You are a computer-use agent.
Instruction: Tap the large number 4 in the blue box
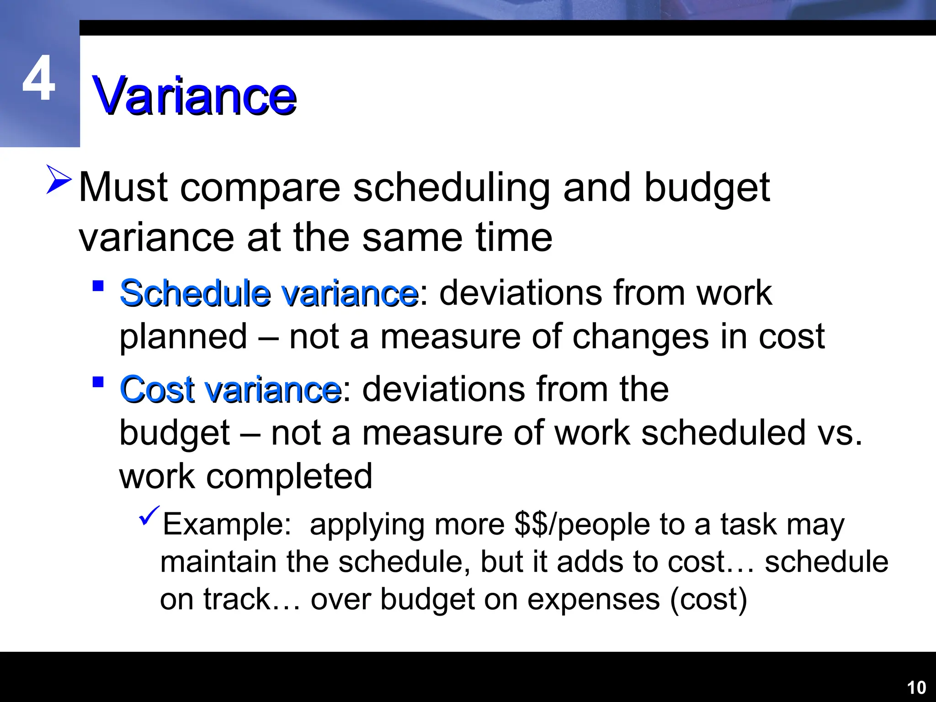[x=39, y=79]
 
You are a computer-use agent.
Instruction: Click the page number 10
[x=916, y=687]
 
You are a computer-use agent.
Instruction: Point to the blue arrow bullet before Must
[x=58, y=180]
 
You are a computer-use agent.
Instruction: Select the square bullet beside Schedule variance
[x=98, y=287]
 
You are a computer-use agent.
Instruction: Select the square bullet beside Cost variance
[x=98, y=382]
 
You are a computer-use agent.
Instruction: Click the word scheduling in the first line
[x=452, y=188]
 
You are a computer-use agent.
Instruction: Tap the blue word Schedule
[x=196, y=293]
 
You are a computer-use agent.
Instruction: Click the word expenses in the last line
[x=594, y=599]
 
